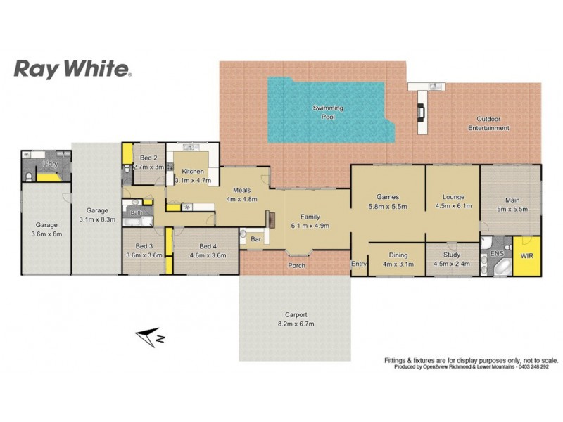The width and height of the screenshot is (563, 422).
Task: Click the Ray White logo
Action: [x=72, y=69]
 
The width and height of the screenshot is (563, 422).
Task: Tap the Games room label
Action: [x=388, y=197]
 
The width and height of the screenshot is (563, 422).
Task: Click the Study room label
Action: [x=452, y=255]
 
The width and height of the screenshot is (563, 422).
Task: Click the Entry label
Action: [x=359, y=264]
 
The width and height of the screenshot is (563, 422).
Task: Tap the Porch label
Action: [x=296, y=265]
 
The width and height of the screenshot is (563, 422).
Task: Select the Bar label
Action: [x=256, y=240]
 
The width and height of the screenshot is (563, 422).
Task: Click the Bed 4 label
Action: [x=207, y=246]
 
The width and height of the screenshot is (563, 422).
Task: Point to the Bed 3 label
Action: [x=144, y=246]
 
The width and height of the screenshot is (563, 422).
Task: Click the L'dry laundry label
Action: [x=50, y=164]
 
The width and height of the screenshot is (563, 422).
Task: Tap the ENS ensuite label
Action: [x=496, y=252]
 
